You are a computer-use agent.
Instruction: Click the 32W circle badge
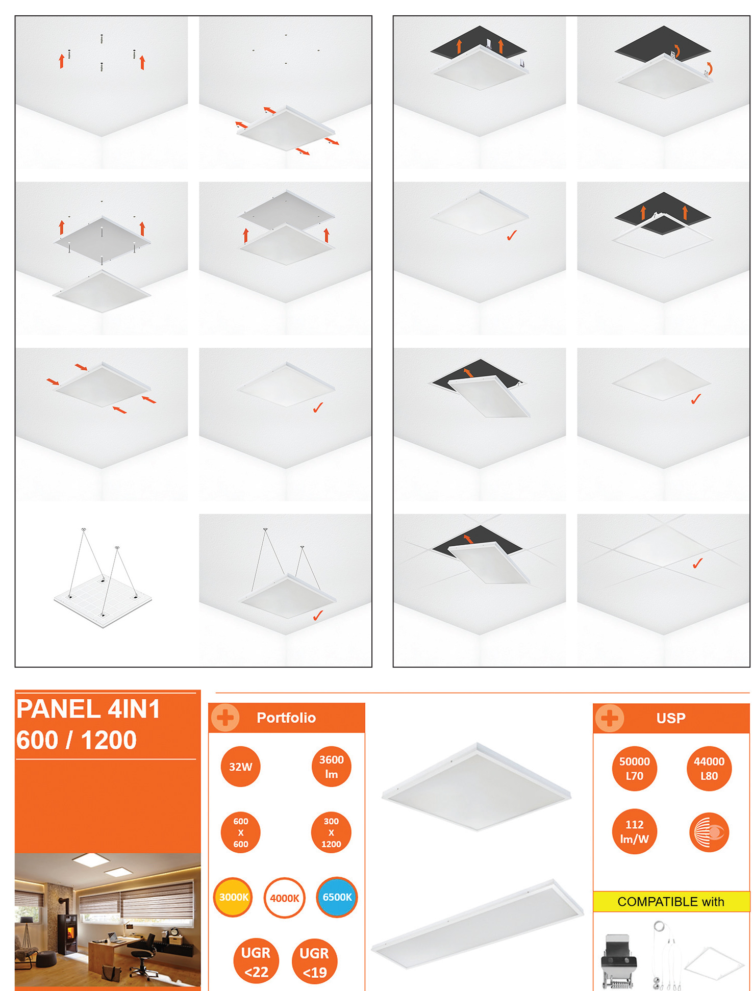coord(240,767)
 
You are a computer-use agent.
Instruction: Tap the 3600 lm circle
coord(331,767)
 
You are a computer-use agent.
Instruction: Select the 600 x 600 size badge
coord(240,832)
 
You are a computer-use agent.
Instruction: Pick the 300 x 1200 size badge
coord(331,832)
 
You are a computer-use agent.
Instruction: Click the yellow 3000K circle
coord(233,897)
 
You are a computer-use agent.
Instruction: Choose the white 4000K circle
coord(285,898)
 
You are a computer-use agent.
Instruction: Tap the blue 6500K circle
coord(337,897)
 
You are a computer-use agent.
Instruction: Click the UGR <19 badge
coord(314,961)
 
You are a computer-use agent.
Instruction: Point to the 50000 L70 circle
coord(634,769)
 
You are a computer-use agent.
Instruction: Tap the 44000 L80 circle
coord(709,769)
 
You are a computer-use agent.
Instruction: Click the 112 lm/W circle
coord(634,832)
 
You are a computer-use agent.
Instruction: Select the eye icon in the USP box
coord(709,832)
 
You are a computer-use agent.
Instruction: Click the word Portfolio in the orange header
coord(286,718)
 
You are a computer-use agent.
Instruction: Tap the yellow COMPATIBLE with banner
coord(671,901)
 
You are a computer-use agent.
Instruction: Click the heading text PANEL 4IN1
coord(88,709)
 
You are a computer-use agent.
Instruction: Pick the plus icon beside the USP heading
coord(609,718)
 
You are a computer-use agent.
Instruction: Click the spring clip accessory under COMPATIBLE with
coord(619,961)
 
